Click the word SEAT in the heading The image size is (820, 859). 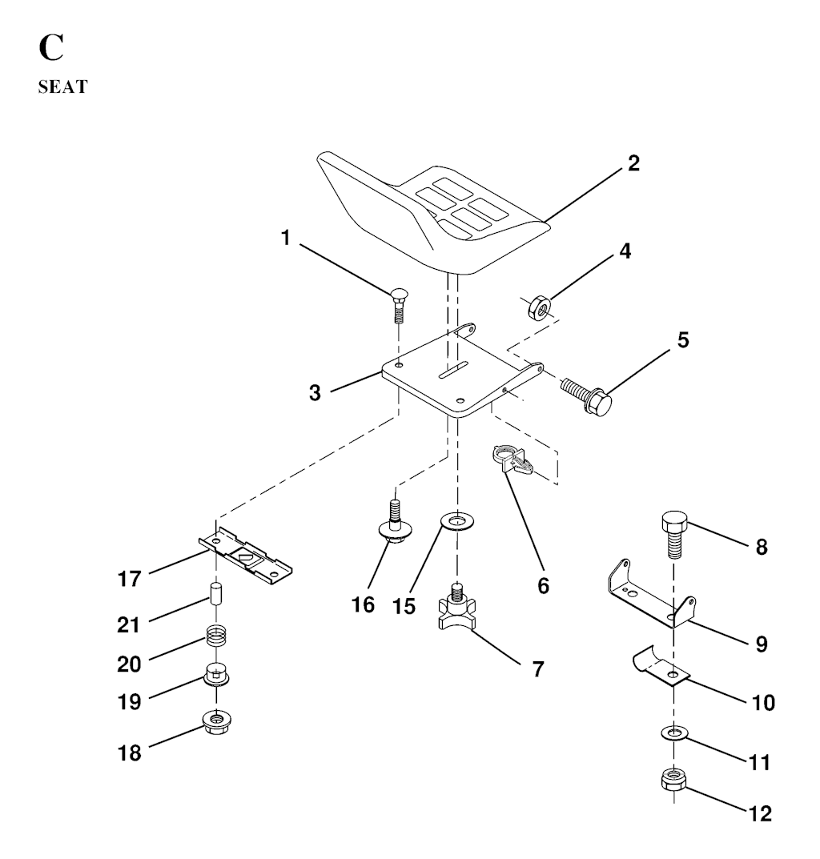click(x=62, y=86)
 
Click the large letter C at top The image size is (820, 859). click(x=51, y=48)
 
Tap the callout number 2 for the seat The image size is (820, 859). click(x=633, y=163)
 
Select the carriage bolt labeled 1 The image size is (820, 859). click(x=399, y=307)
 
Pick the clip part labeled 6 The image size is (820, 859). click(x=511, y=459)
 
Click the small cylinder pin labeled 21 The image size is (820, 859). click(x=217, y=593)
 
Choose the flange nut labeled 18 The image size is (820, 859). click(x=216, y=721)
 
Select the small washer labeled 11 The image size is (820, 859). click(x=673, y=732)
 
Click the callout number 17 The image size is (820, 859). click(x=130, y=579)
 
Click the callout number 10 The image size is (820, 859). click(x=763, y=702)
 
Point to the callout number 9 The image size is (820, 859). click(x=762, y=644)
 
